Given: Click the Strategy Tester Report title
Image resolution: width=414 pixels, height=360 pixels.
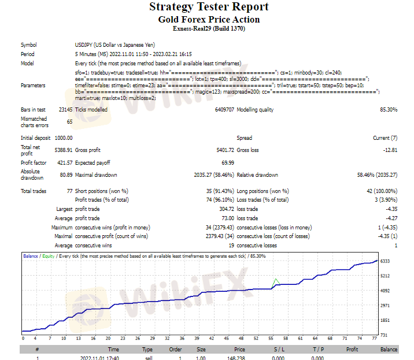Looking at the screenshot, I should (209, 7).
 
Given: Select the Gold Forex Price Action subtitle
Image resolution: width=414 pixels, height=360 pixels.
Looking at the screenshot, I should (209, 19).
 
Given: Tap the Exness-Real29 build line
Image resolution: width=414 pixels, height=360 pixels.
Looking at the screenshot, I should (209, 28).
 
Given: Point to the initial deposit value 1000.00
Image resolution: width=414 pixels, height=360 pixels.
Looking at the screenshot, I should (63, 138).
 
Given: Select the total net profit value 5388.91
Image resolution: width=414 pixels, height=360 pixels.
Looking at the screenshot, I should (63, 148).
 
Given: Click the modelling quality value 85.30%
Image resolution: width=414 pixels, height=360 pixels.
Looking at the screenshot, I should (388, 109).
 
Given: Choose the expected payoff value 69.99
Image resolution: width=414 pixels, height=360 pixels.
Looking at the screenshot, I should (227, 163).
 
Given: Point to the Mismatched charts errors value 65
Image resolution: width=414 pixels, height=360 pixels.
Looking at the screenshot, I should (69, 122).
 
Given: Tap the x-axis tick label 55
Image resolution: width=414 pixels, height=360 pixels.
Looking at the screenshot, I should (270, 338).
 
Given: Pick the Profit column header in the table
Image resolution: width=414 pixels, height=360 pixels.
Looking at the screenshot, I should (352, 349).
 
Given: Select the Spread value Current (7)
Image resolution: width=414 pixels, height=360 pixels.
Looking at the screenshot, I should (385, 138).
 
